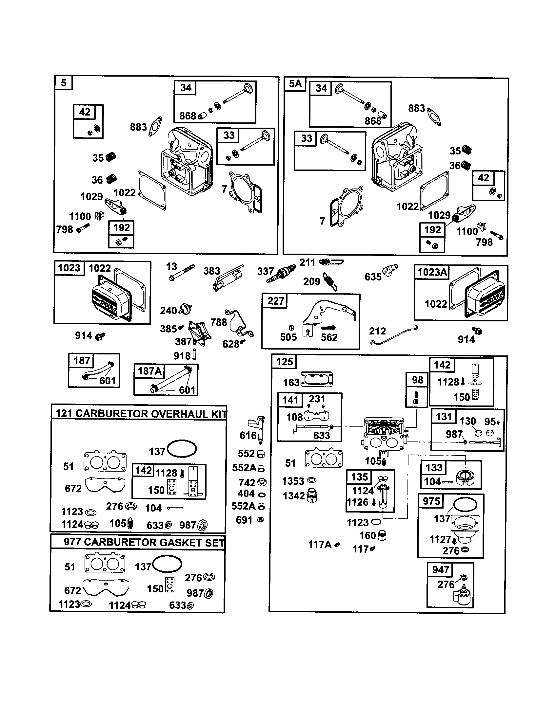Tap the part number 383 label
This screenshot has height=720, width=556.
[x=212, y=271]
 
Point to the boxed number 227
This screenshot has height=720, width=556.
[x=276, y=301]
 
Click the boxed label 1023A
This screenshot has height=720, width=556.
[x=432, y=272]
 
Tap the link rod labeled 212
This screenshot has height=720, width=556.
[x=395, y=335]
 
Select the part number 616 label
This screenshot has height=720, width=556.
[x=248, y=436]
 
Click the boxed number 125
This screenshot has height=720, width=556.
[x=284, y=362]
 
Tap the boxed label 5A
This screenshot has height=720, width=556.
[x=295, y=84]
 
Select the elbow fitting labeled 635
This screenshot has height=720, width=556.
[x=390, y=270]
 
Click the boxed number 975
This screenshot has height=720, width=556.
[x=431, y=501]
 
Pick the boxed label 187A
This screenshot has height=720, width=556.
[x=149, y=371]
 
